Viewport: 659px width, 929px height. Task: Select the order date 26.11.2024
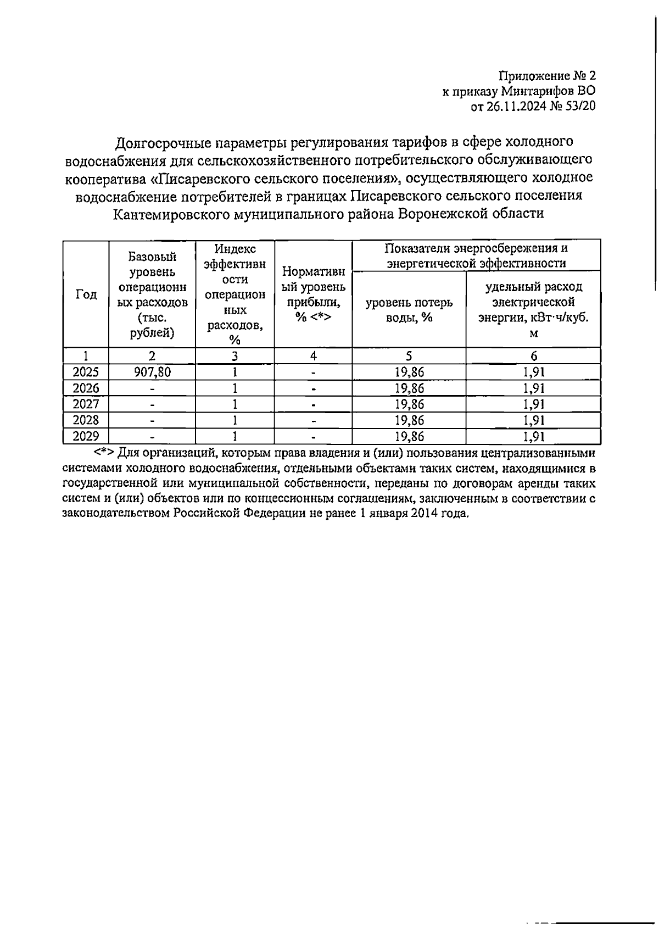pos(515,107)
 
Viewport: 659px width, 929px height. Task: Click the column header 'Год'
pos(86,294)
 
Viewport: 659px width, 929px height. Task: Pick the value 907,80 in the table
pos(152,372)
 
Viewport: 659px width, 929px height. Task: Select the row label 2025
pos(86,372)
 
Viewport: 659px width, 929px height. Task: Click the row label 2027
pos(86,404)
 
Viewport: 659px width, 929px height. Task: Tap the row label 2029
pos(86,437)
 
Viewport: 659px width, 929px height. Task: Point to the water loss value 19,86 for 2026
pos(409,388)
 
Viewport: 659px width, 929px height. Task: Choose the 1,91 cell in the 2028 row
pos(533,421)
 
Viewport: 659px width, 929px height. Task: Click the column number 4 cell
pos(313,356)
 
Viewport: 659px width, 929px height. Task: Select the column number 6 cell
pos(533,356)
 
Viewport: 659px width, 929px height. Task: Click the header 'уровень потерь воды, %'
pos(409,310)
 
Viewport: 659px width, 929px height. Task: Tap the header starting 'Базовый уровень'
pos(152,294)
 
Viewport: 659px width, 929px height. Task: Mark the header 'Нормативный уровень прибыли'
pos(313,294)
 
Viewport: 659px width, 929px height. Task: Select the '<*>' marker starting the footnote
pos(104,454)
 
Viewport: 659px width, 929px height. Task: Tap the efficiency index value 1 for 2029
pos(234,437)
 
